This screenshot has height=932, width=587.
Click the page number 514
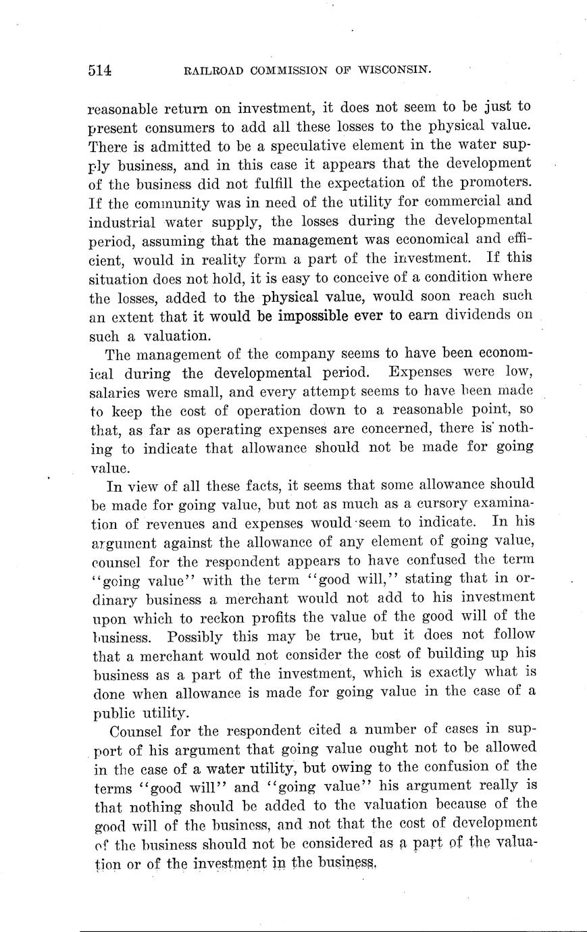click(99, 70)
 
